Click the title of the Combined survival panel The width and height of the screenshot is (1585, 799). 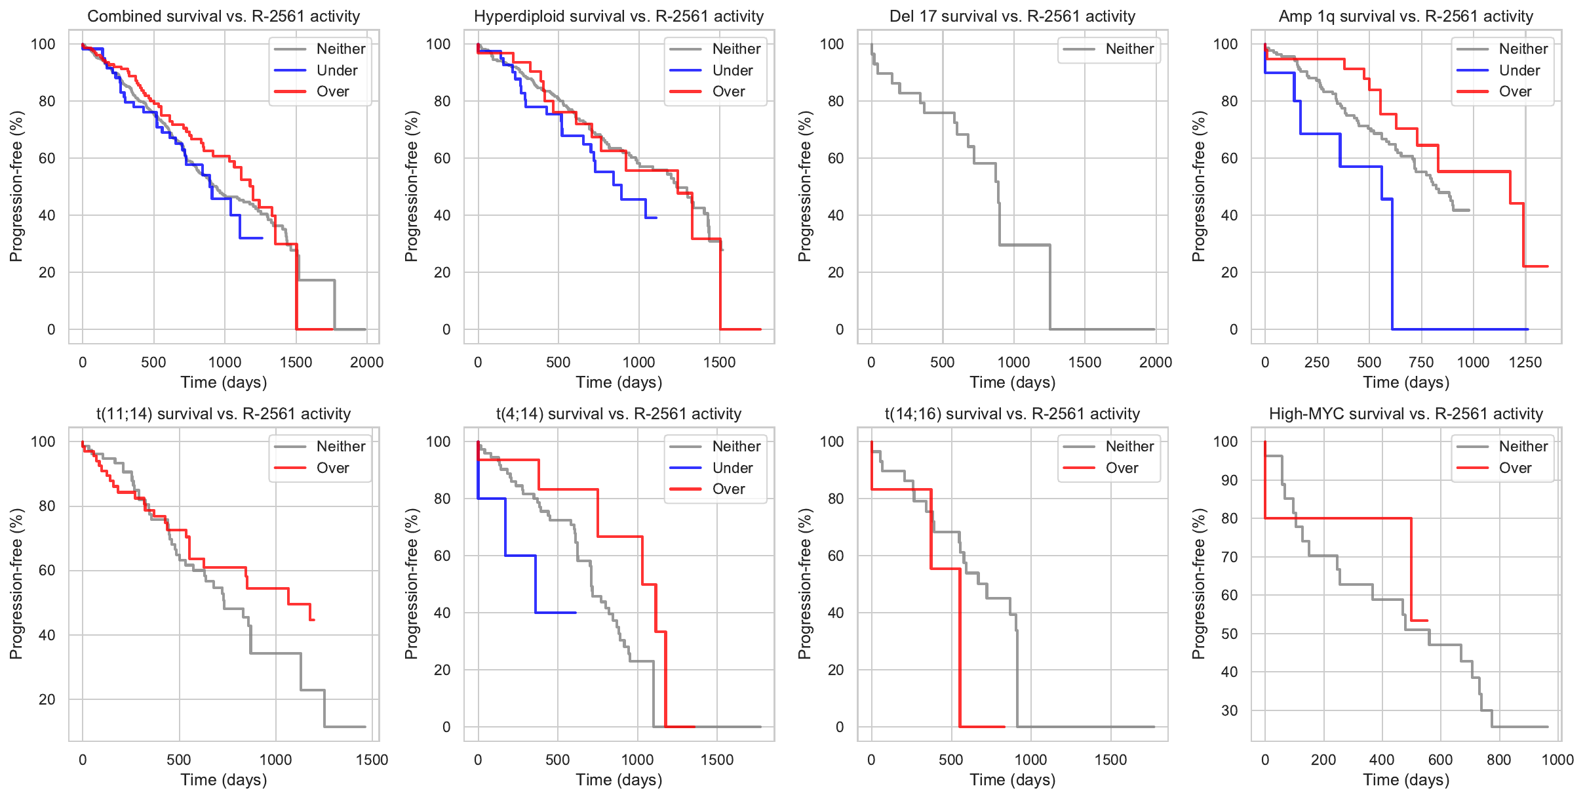coord(224,16)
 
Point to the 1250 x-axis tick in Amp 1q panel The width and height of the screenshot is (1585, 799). coord(1525,362)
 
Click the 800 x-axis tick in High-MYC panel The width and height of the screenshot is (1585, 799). coord(1498,760)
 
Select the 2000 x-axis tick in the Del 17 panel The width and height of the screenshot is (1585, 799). coord(1155,362)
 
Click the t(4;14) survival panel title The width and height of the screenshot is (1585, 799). coord(619,414)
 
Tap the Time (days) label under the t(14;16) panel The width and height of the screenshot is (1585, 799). coord(1012,780)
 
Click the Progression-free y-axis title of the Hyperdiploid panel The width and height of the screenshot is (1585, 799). coord(412,186)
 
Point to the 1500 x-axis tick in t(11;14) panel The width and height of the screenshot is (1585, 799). coord(372,760)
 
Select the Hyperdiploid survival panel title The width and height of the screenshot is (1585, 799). coord(619,16)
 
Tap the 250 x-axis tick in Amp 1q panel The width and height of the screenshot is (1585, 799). coord(1316,362)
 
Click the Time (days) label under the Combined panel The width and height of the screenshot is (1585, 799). coord(224,382)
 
